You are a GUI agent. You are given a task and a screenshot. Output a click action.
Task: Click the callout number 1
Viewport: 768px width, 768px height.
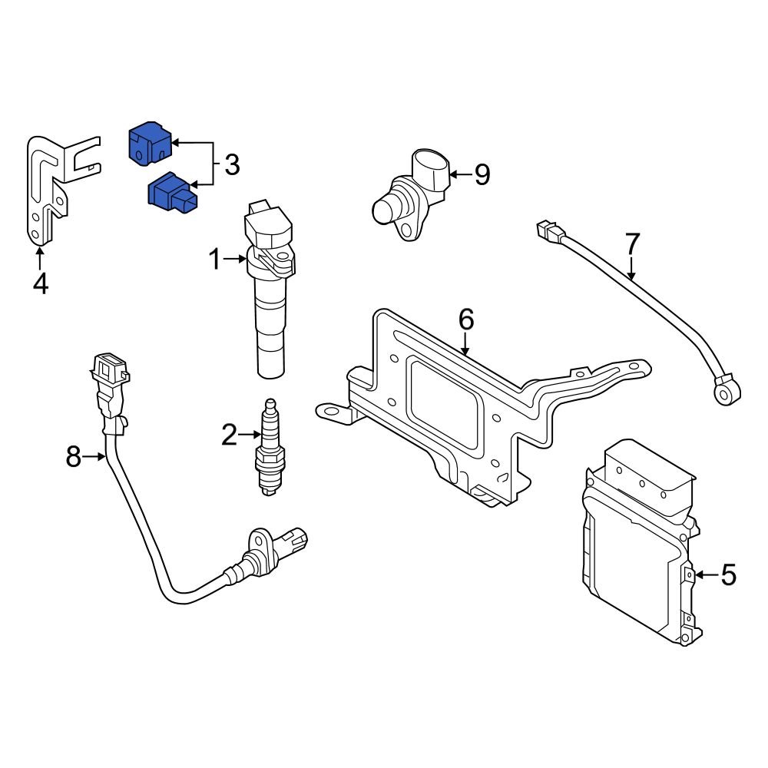pyautogui.click(x=216, y=261)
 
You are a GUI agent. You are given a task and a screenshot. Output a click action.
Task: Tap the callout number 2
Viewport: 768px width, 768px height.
pyautogui.click(x=230, y=435)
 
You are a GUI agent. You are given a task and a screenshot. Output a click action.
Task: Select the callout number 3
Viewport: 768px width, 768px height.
pyautogui.click(x=231, y=164)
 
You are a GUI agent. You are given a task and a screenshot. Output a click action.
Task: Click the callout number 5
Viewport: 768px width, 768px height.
pyautogui.click(x=727, y=574)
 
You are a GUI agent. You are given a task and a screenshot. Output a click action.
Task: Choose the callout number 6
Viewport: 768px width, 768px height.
pyautogui.click(x=466, y=319)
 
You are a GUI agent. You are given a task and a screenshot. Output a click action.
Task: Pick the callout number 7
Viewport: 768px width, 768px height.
pyautogui.click(x=631, y=244)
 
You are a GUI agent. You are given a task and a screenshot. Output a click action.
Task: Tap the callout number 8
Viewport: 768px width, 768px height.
pyautogui.click(x=74, y=458)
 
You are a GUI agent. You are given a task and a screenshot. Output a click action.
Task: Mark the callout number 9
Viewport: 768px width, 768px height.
pyautogui.click(x=482, y=175)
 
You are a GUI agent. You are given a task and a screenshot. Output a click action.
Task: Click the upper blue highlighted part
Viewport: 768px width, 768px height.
pyautogui.click(x=149, y=144)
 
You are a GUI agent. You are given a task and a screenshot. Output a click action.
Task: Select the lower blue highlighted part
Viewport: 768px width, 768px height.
pyautogui.click(x=172, y=193)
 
